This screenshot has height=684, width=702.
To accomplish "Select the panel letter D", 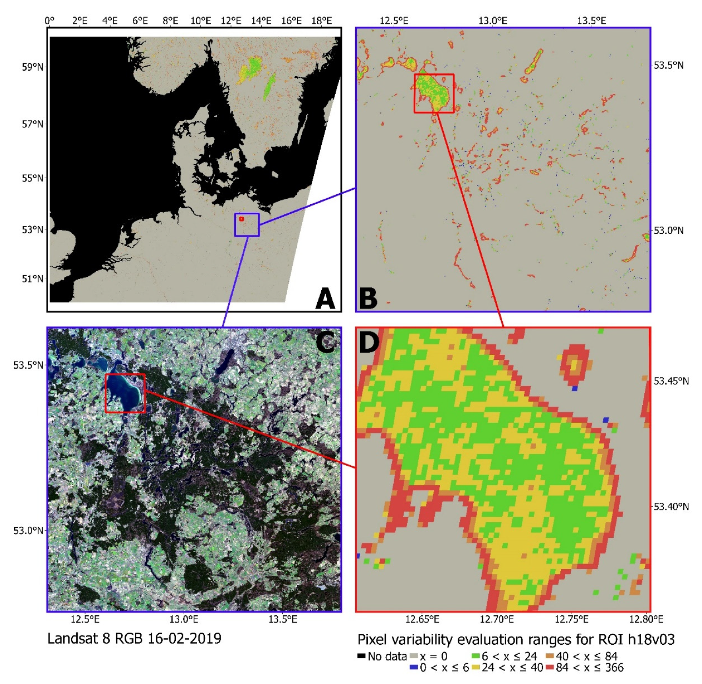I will pyautogui.click(x=369, y=342).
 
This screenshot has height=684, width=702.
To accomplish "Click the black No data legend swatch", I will pyautogui.click(x=361, y=657).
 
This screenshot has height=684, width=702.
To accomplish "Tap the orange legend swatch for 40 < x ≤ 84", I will pyautogui.click(x=549, y=657).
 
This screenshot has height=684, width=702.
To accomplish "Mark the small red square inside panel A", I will pyautogui.click(x=241, y=219).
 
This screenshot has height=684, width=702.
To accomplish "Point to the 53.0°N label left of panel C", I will pyautogui.click(x=28, y=531).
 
